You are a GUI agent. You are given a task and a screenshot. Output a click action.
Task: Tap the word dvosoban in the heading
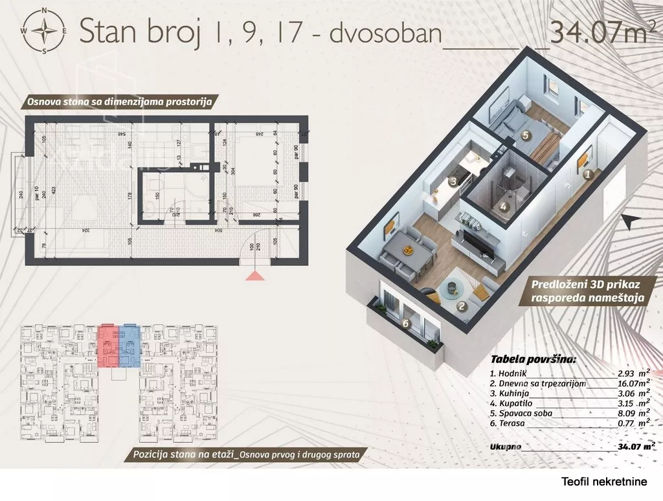(385, 33)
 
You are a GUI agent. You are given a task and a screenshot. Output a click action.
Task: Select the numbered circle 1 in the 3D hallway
(587, 173)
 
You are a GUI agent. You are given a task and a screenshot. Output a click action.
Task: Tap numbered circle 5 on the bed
(526, 135)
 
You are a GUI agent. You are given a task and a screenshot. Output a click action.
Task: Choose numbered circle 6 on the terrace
(406, 324)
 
